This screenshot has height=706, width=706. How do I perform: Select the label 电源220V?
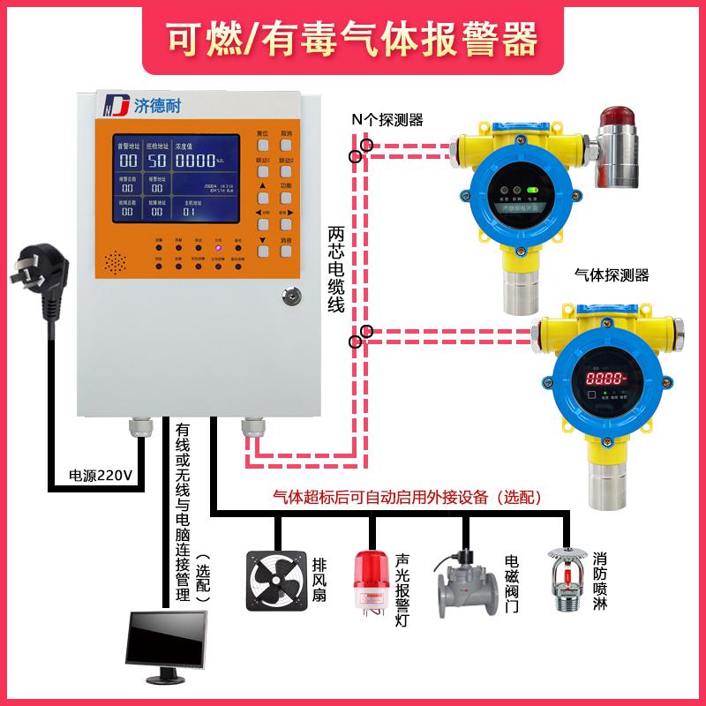click(100, 476)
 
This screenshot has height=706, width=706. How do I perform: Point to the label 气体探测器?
click(611, 275)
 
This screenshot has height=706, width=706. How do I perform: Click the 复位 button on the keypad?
click(263, 135)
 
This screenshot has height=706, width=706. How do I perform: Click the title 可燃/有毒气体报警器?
click(352, 39)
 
